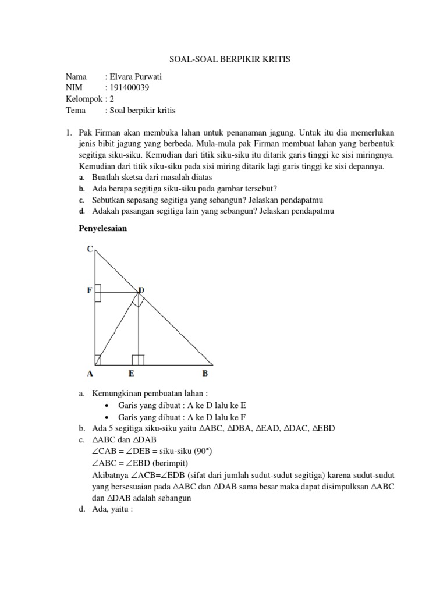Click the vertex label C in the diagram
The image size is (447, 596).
[x=90, y=249]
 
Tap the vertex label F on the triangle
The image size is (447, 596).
[x=90, y=290]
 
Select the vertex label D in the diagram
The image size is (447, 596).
[x=141, y=290]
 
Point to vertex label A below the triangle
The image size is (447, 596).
[x=90, y=374]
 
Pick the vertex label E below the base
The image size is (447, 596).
[x=132, y=374]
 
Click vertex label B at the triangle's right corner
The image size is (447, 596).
[x=205, y=374]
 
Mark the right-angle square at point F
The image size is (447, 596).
[x=98, y=293]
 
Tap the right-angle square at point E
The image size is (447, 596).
[x=138, y=359]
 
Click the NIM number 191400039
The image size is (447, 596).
[x=131, y=88]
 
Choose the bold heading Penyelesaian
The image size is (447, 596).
[x=102, y=229]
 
